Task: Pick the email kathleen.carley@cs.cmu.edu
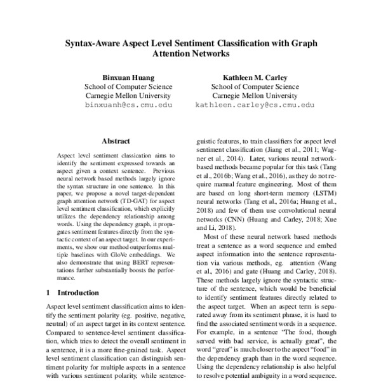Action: coord(255,104)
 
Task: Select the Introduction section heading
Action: coord(78,293)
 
